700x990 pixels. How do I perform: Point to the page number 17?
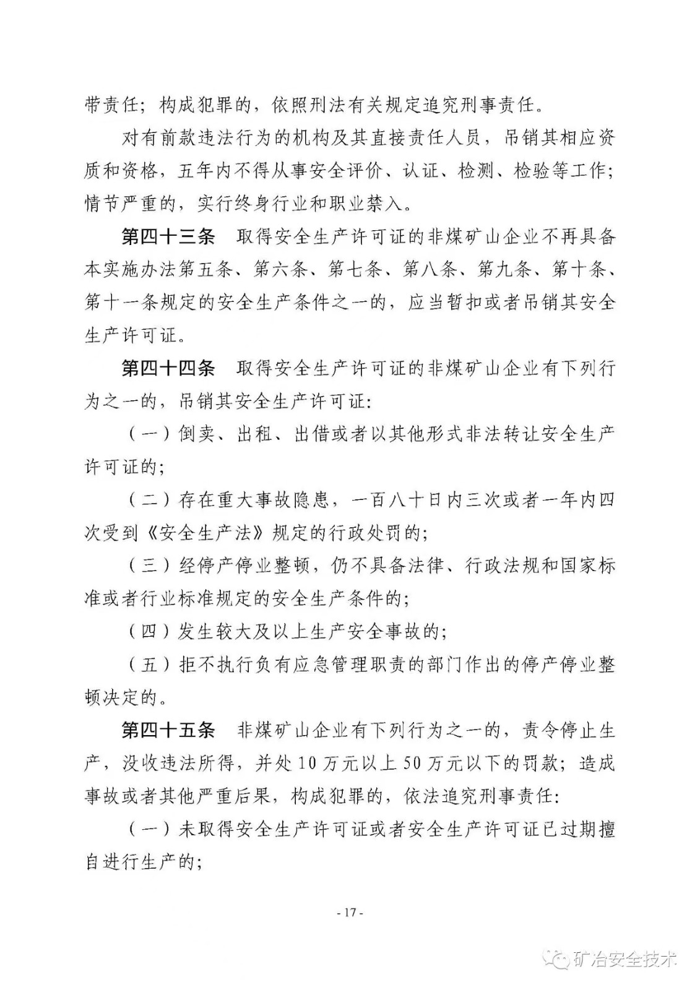pyautogui.click(x=350, y=913)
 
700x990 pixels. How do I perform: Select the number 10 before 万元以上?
pyautogui.click(x=307, y=764)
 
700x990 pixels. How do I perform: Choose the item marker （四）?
pyautogui.click(x=149, y=632)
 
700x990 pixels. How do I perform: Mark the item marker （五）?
pyautogui.click(x=149, y=665)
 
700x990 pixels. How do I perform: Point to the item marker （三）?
pyautogui.click(x=149, y=566)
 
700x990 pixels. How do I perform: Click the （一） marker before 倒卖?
pyautogui.click(x=149, y=435)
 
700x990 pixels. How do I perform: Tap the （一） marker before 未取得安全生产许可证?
pyautogui.click(x=149, y=830)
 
